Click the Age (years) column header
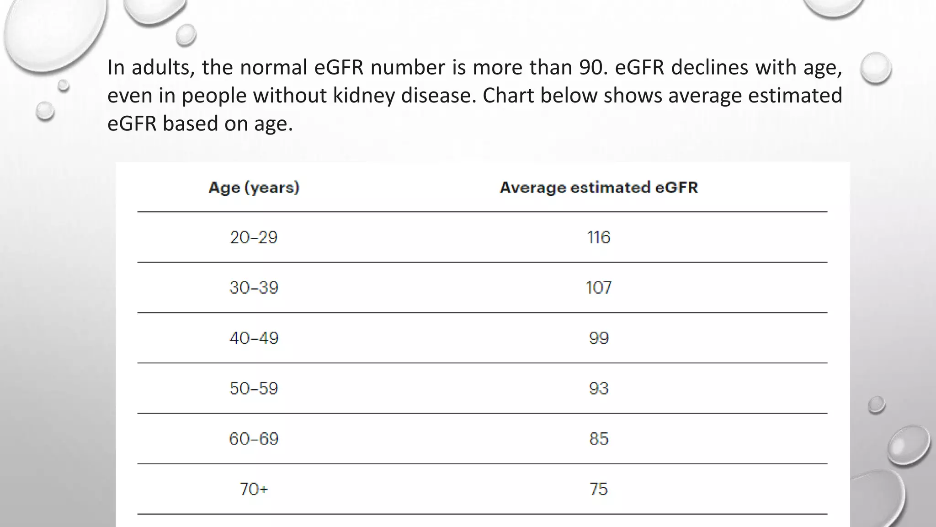[x=254, y=188]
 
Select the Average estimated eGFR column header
[x=599, y=188]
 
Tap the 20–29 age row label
[x=254, y=237]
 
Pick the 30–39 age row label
[x=254, y=288]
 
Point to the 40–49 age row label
[x=254, y=338]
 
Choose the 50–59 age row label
[x=254, y=388]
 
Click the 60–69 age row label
[x=254, y=439]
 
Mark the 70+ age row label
[x=254, y=489]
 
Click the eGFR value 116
[x=599, y=237]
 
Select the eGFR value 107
[x=599, y=288]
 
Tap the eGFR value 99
[x=599, y=338]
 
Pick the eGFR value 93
[x=599, y=388]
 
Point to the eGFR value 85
[x=599, y=439]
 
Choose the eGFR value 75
[x=599, y=489]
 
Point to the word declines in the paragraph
[x=710, y=68]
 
